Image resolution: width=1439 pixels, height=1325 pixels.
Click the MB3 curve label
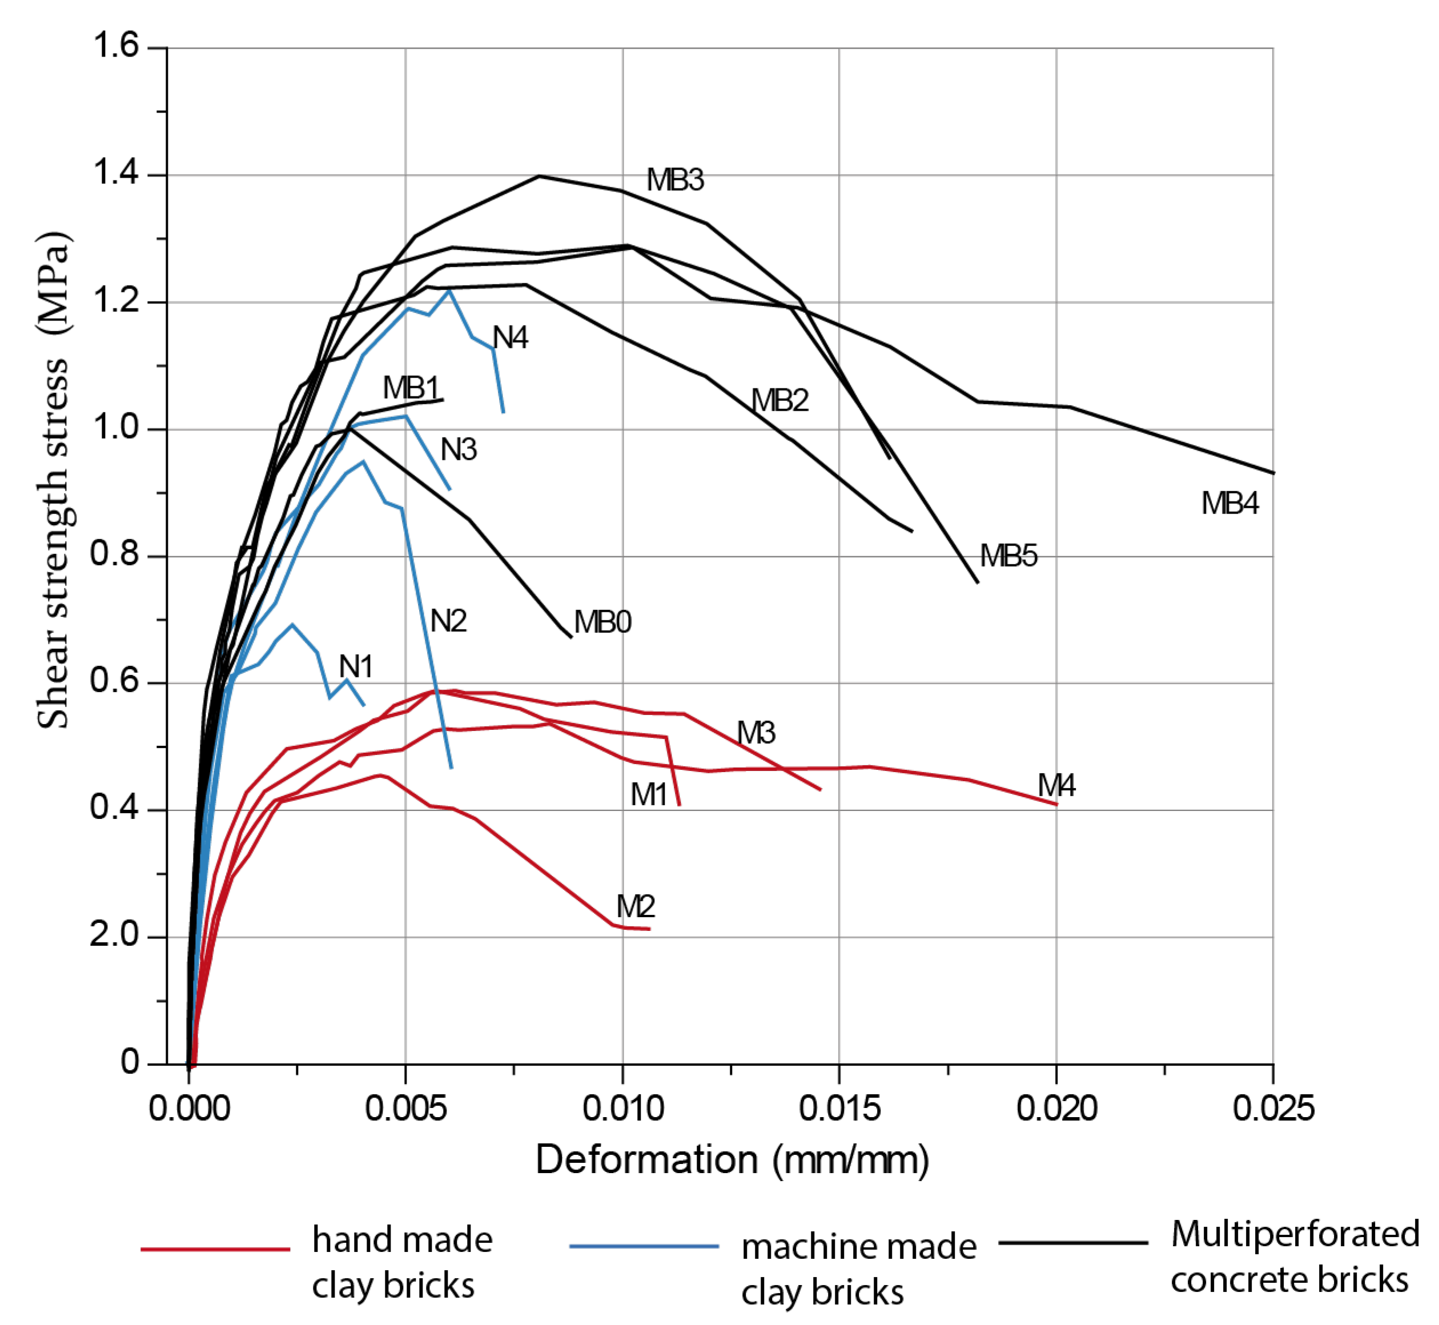click(x=675, y=180)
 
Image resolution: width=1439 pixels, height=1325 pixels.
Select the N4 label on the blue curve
click(x=510, y=338)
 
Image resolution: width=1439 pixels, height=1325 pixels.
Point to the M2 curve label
click(x=634, y=907)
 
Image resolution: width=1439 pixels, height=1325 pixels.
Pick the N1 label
click(x=356, y=667)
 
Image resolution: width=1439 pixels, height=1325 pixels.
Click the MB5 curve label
click(x=1008, y=556)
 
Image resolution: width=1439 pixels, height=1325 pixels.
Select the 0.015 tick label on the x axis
click(x=839, y=1109)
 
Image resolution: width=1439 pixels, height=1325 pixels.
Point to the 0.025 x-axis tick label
click(x=1273, y=1109)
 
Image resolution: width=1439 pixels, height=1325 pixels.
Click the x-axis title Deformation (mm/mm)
click(x=732, y=1159)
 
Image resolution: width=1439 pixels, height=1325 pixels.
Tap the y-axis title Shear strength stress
click(x=54, y=480)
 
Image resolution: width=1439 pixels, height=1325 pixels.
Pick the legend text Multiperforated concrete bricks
click(x=1294, y=1257)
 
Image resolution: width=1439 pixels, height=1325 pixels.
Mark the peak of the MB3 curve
click(x=539, y=176)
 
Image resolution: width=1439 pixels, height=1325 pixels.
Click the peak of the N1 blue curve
click(x=292, y=624)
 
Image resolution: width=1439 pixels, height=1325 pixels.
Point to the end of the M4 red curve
click(x=1056, y=805)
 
